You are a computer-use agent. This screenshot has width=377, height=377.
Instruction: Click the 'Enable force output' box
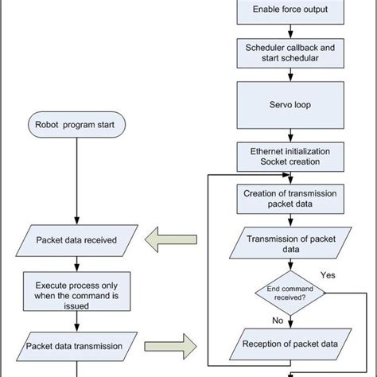coord(288,10)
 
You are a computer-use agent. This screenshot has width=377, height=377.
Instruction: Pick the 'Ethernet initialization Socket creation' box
coord(288,155)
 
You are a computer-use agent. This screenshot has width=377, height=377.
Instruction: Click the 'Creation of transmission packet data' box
coord(288,197)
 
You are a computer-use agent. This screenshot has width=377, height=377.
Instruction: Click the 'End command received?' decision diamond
coord(288,294)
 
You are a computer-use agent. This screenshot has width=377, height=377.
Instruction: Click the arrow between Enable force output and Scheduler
coord(288,31)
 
